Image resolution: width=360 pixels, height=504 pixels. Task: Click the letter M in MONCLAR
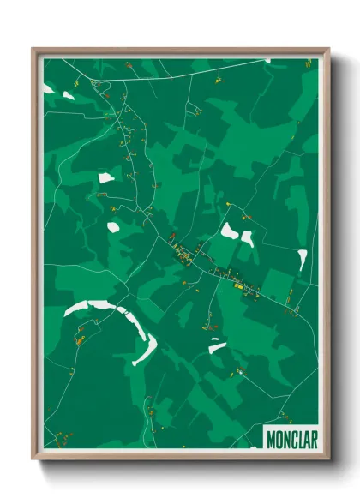[271, 436]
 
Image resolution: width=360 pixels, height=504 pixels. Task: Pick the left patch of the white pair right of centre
[229, 230]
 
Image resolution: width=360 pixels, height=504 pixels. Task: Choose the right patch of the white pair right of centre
[247, 237]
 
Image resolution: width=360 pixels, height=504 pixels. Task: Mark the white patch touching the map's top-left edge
[48, 87]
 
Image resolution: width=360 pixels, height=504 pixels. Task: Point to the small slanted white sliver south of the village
[217, 347]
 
